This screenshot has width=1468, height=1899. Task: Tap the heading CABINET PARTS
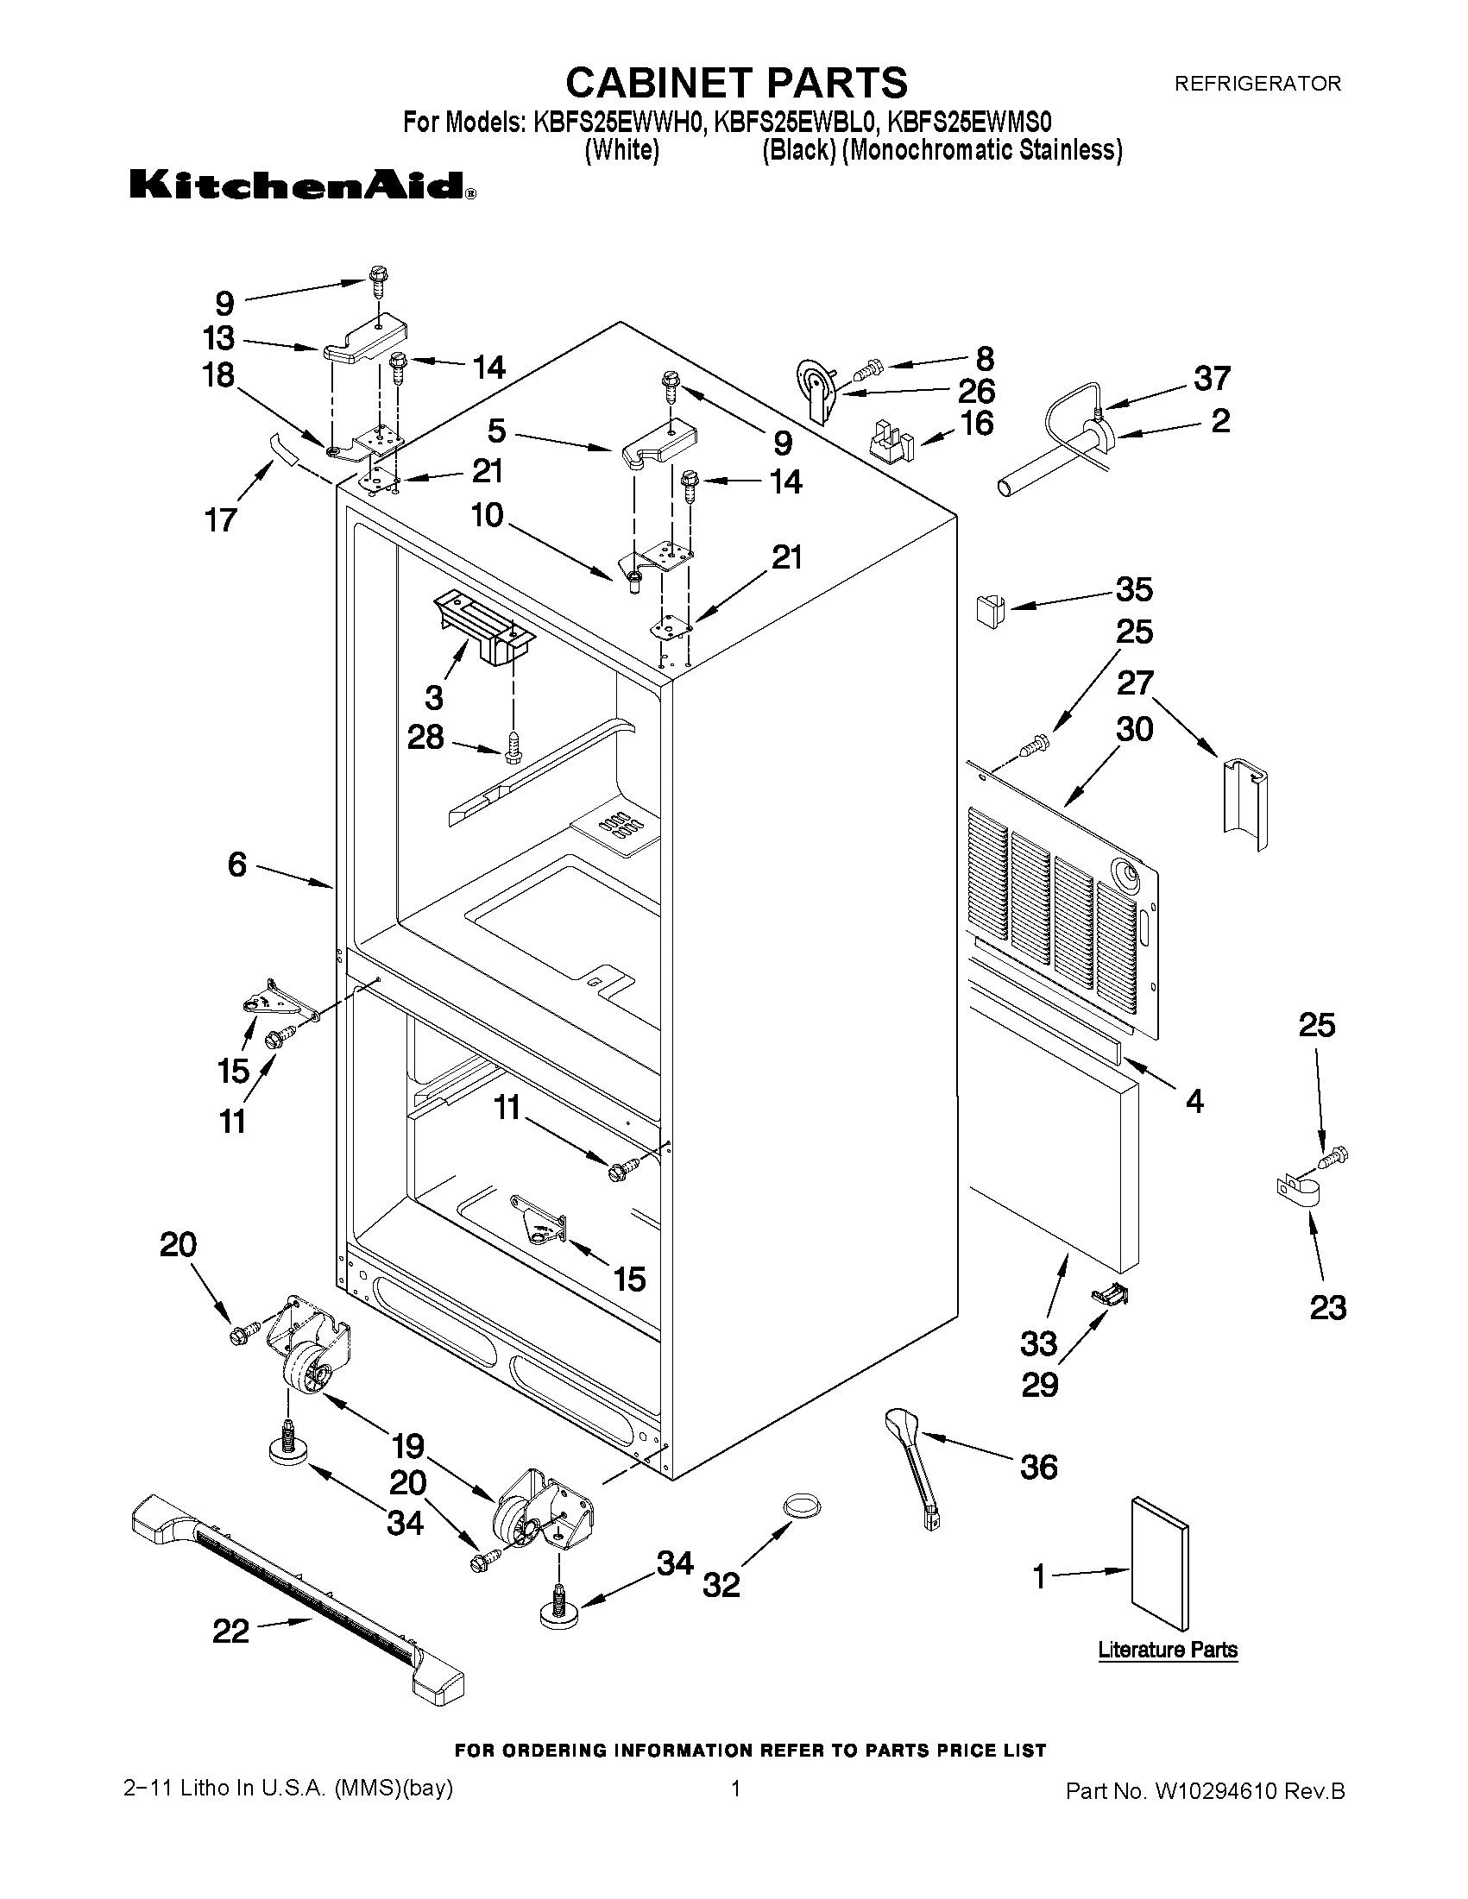pyautogui.click(x=736, y=84)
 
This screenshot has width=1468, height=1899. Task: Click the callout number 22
pyautogui.click(x=231, y=1632)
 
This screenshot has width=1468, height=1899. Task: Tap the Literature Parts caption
pyautogui.click(x=1167, y=1650)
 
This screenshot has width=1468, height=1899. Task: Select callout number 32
pyautogui.click(x=721, y=1584)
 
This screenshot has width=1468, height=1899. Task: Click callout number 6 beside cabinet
pyautogui.click(x=237, y=865)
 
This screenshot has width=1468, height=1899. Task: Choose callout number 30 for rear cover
pyautogui.click(x=1135, y=729)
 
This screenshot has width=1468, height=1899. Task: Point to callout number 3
pyautogui.click(x=433, y=696)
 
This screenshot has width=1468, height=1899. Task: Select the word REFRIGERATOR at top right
pyautogui.click(x=1257, y=84)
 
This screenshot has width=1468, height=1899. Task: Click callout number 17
pyautogui.click(x=220, y=520)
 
